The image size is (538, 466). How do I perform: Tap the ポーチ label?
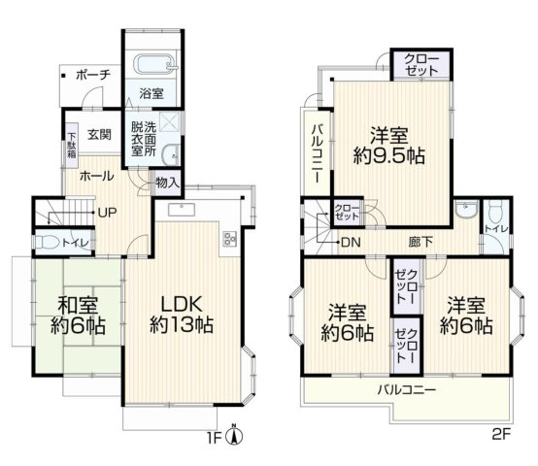point(91,75)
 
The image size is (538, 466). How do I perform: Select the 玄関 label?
point(98,135)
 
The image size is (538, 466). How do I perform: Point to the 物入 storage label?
point(166,182)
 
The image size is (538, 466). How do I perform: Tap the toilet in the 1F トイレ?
point(46,242)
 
